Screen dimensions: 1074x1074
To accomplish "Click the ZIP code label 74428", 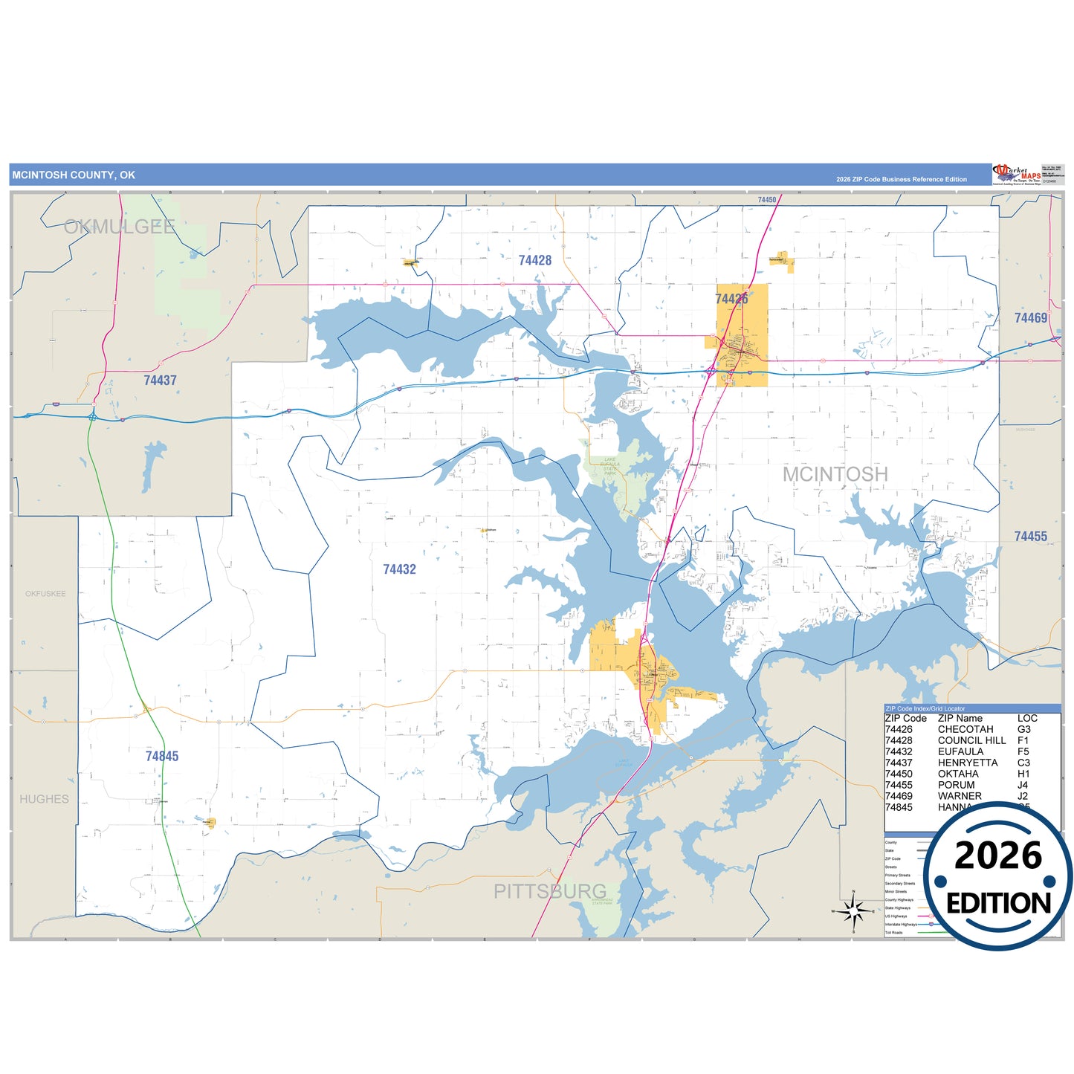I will click(535, 260).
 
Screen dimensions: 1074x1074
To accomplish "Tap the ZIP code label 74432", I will click(399, 569).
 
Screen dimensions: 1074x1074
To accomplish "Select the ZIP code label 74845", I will click(162, 756).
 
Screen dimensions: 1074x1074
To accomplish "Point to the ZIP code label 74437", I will click(160, 381).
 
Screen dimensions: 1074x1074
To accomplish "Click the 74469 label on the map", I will click(1030, 318).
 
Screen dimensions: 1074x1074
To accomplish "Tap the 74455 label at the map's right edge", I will click(1030, 537).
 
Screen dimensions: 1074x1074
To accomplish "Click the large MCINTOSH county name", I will click(835, 474).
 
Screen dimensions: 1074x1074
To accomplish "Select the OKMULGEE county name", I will click(119, 227).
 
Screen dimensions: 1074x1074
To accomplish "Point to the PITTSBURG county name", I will click(550, 891).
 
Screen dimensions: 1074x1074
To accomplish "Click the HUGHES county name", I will click(44, 799).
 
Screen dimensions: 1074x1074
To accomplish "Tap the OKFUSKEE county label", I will click(45, 594).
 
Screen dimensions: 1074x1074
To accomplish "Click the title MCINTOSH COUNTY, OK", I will click(74, 175).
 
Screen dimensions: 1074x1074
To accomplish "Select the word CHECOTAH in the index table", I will click(965, 729).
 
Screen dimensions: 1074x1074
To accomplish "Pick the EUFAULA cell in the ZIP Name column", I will click(960, 751).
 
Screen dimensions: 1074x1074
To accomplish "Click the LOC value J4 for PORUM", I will click(1023, 785).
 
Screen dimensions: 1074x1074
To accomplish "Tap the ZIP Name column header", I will click(960, 718).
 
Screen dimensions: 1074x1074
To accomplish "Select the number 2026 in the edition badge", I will click(997, 855).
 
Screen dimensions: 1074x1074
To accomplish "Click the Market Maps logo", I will click(1016, 175).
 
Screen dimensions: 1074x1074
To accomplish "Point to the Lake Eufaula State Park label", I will click(609, 467).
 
